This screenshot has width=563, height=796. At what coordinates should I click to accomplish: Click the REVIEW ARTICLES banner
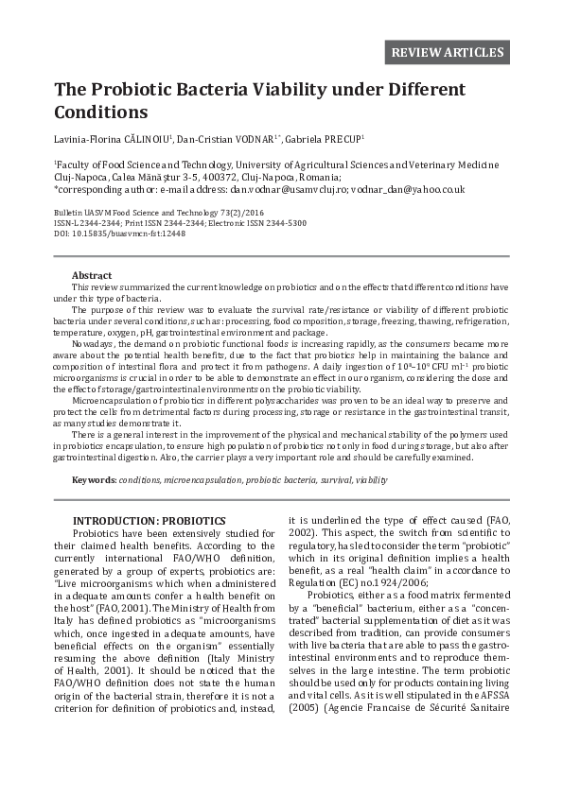pos(448,51)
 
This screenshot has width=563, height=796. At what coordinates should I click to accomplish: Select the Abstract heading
pos(92,275)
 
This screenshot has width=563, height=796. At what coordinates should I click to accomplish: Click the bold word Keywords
pos(94,480)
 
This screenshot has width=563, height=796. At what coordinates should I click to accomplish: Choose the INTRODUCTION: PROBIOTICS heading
pos(150,521)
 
